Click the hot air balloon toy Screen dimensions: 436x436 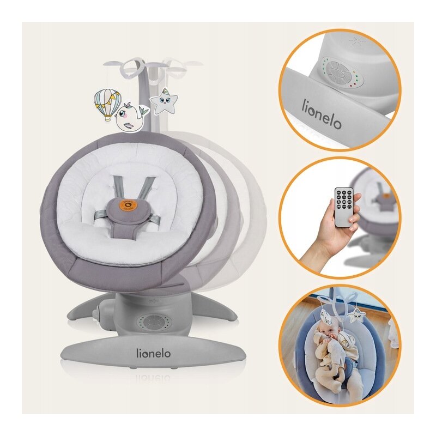click(x=107, y=105)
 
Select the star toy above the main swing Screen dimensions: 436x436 click(x=164, y=102)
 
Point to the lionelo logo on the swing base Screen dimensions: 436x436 click(x=154, y=353)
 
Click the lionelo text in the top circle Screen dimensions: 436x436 click(x=322, y=114)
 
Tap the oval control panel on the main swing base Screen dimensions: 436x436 click(x=154, y=323)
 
